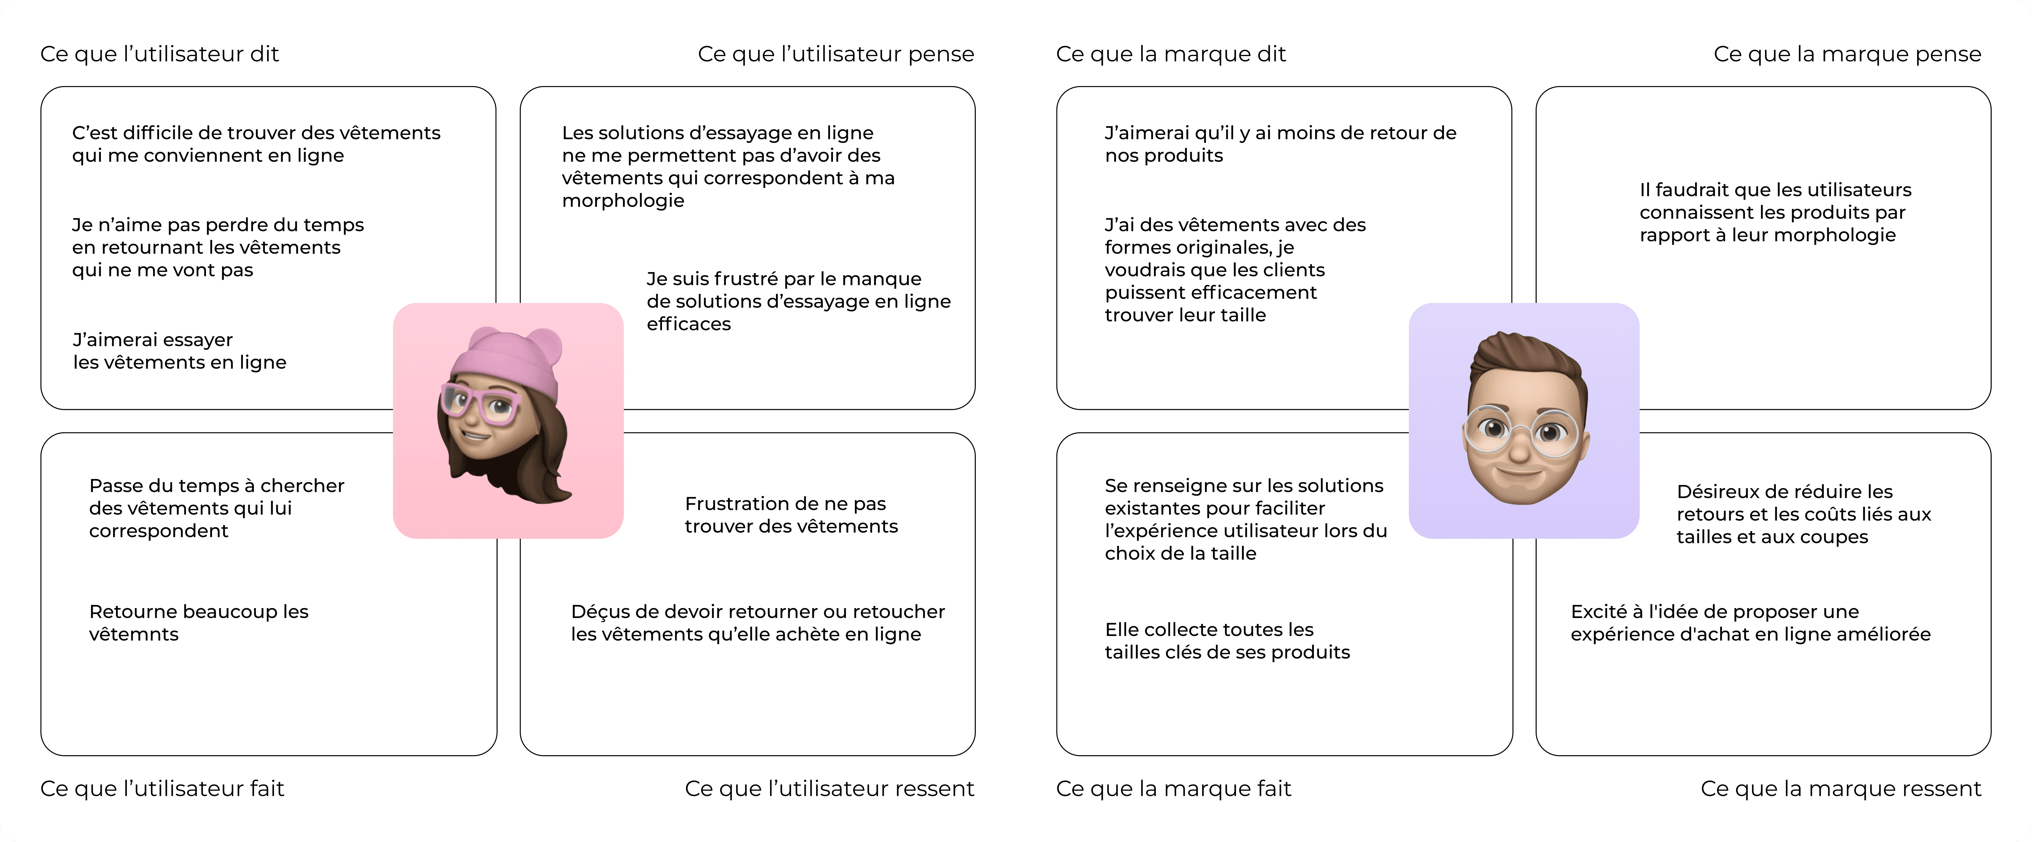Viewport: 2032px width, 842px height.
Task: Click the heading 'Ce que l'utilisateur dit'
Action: pos(159,54)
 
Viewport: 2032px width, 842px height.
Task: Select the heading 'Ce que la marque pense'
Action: pos(1847,54)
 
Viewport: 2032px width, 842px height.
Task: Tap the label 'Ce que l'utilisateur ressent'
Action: pos(829,788)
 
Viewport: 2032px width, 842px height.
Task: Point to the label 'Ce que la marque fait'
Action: pos(1173,788)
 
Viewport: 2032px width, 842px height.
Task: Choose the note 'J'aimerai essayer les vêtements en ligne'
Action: pos(179,351)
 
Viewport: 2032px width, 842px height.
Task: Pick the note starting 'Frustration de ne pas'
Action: pos(790,514)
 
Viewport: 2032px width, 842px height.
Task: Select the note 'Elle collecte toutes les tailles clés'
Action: pos(1227,641)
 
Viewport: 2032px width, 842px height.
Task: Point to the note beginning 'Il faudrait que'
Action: pos(1775,212)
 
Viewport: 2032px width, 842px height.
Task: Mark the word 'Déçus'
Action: pos(597,612)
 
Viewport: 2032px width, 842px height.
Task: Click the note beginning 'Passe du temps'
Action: pos(216,508)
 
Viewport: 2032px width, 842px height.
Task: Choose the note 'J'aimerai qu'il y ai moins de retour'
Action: pos(1280,144)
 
